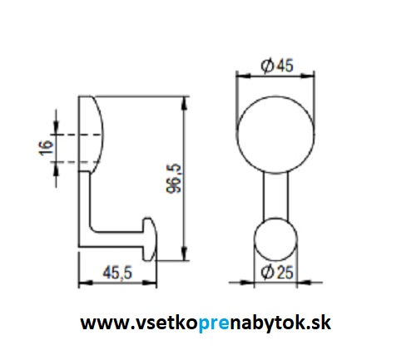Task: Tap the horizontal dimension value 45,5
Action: click(x=116, y=274)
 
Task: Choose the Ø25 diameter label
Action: click(x=277, y=272)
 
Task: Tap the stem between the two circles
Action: click(x=277, y=195)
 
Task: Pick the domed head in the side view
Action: click(x=93, y=134)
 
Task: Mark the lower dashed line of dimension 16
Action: click(x=75, y=161)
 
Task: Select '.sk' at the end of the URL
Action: click(x=319, y=321)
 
